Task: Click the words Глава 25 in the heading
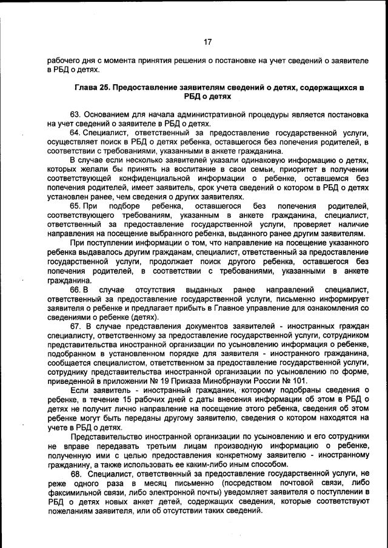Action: coord(91,88)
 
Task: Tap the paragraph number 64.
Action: coord(75,133)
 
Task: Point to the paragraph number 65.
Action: coord(75,206)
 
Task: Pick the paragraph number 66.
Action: coord(75,290)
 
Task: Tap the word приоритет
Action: coord(269,170)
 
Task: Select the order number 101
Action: coord(299,381)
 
